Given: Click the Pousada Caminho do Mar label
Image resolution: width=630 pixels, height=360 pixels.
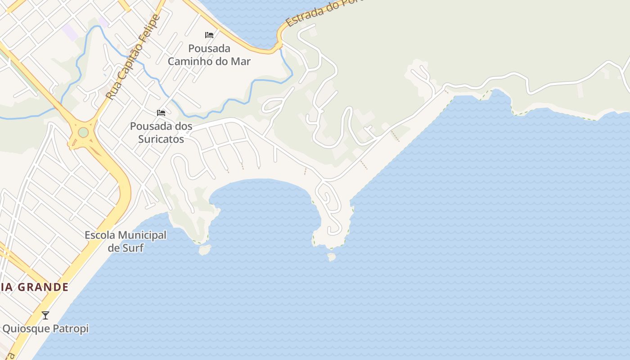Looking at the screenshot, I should pyautogui.click(x=209, y=55).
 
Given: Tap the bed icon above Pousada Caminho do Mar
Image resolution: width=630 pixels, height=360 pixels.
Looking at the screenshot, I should pyautogui.click(x=209, y=35).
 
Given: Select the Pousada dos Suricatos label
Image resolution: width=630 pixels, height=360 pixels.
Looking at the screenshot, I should pyautogui.click(x=161, y=133).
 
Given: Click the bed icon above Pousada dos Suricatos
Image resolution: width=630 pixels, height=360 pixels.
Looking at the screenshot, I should pyautogui.click(x=161, y=113).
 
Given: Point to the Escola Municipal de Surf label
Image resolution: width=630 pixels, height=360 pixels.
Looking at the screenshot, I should pyautogui.click(x=126, y=241).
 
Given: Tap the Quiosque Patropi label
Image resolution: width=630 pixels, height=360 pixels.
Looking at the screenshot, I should pyautogui.click(x=45, y=328).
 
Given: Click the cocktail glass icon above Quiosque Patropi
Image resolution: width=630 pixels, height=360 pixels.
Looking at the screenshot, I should pyautogui.click(x=45, y=315).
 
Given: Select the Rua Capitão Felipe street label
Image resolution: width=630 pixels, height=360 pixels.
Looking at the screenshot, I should pyautogui.click(x=133, y=57).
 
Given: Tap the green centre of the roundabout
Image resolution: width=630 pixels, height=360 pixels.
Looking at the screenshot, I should pyautogui.click(x=83, y=133).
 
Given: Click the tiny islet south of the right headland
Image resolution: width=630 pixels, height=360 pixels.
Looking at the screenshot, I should pyautogui.click(x=332, y=257).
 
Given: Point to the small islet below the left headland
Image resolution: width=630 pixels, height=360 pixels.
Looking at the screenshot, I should pyautogui.click(x=205, y=249).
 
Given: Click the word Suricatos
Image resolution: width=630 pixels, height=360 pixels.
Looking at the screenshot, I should pyautogui.click(x=161, y=139).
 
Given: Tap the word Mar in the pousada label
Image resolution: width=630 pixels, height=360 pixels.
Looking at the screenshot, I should pyautogui.click(x=241, y=61).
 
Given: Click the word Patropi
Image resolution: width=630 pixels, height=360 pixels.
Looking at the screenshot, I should pyautogui.click(x=71, y=328).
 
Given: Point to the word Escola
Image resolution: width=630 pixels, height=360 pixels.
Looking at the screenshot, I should pyautogui.click(x=100, y=235).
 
